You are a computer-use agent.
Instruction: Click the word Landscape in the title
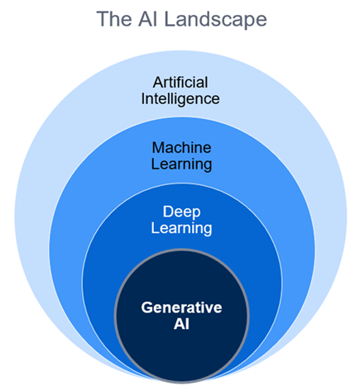point(216,20)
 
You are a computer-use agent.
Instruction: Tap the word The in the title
point(114,19)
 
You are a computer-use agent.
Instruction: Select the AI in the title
point(148,19)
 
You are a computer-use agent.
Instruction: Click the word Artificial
point(180,83)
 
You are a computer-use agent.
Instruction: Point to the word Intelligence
point(180,99)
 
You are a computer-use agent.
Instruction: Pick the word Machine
point(181,148)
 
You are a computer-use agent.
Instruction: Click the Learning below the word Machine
point(181,165)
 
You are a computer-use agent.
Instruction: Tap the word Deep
point(181,212)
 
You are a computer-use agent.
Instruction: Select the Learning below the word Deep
point(181,229)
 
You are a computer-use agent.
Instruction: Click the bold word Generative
point(181,308)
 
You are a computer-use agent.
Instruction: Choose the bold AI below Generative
point(181,324)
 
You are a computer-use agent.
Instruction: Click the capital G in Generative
point(147,308)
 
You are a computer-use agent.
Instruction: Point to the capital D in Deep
point(168,212)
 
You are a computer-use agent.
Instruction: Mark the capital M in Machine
point(158,148)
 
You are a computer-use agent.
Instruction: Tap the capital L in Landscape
point(170,19)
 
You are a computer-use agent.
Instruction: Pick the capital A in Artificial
point(159,83)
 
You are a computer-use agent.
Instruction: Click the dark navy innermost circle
point(181,347)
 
